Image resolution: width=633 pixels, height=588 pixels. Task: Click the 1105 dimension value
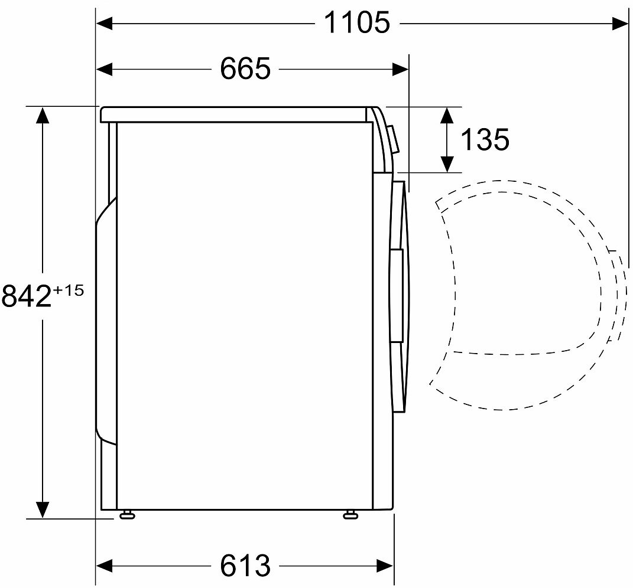click(357, 22)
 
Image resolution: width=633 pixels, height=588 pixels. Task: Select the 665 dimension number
click(245, 68)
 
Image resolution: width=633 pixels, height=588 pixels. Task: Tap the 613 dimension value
click(245, 566)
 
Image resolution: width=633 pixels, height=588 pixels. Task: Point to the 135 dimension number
click(485, 139)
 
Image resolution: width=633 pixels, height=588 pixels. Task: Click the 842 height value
click(27, 295)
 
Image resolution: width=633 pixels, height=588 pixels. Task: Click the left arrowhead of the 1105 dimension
click(104, 24)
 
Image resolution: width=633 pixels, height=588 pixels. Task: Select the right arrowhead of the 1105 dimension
click(619, 24)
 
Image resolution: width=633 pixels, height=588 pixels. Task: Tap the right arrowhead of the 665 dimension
click(400, 69)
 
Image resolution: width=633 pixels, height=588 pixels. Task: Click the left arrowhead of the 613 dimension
click(104, 566)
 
